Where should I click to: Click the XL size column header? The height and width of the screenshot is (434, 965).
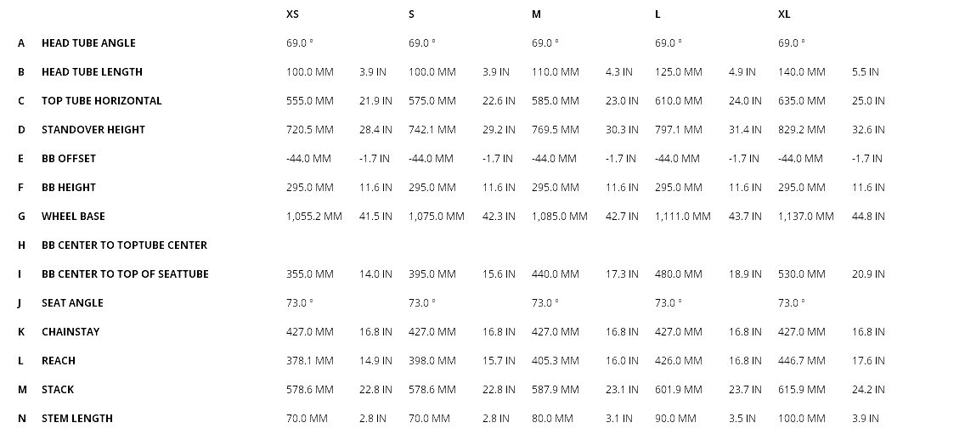click(x=784, y=14)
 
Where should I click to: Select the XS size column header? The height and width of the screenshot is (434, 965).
click(x=292, y=14)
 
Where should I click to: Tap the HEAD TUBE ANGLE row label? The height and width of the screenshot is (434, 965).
click(x=88, y=43)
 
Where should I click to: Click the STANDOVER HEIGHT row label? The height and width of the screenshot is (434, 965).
click(x=93, y=130)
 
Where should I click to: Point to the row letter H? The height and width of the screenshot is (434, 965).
click(x=21, y=245)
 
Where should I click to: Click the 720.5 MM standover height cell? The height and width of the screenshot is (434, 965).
click(x=310, y=130)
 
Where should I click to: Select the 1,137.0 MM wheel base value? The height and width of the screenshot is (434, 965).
click(x=806, y=217)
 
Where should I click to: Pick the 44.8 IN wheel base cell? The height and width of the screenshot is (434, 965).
click(x=868, y=217)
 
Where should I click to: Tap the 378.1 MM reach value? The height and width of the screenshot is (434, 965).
click(x=310, y=361)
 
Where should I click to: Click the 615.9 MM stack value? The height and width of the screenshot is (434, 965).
click(x=802, y=390)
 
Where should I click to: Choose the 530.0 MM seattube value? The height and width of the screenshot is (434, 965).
click(x=802, y=274)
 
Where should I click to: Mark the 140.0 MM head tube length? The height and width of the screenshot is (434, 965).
click(x=802, y=72)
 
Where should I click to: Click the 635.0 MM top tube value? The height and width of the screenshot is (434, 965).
click(x=802, y=101)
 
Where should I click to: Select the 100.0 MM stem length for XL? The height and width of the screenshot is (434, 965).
click(x=802, y=419)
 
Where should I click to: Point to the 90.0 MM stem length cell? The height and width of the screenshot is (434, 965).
click(x=675, y=419)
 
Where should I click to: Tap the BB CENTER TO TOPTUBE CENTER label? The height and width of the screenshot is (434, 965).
click(x=124, y=245)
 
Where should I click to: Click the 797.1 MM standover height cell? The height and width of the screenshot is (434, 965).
click(x=679, y=130)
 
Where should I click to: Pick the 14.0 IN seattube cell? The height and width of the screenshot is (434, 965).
click(x=375, y=274)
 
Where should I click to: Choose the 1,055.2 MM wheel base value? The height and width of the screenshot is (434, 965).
click(x=314, y=217)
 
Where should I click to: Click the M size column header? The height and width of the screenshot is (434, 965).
click(x=536, y=14)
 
